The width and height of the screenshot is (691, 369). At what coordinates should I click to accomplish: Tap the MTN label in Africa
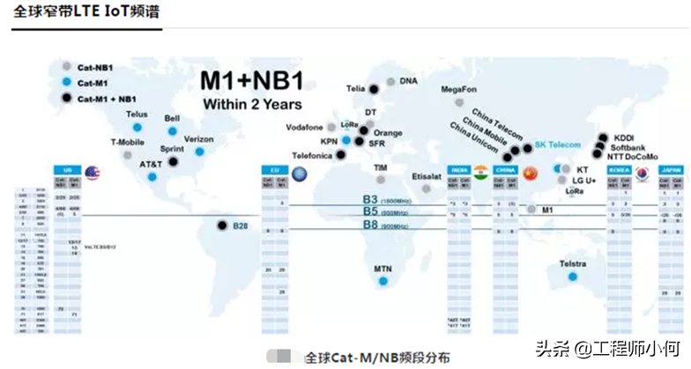tap(383, 269)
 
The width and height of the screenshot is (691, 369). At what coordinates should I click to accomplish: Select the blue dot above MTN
tap(383, 282)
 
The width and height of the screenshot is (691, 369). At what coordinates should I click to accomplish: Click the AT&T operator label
tap(151, 164)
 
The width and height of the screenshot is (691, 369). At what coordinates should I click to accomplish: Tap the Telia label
tap(355, 88)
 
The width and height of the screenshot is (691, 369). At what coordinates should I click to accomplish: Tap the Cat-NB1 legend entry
tap(92, 65)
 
